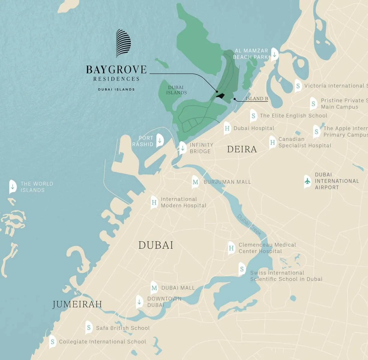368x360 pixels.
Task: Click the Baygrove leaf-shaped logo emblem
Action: click(123, 43)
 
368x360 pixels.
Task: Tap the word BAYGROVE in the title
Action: click(116, 70)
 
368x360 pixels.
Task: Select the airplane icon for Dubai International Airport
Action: click(307, 181)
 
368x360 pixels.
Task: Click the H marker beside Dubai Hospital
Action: click(227, 128)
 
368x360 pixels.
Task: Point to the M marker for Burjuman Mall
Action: click(195, 182)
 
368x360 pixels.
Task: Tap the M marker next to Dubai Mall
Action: click(154, 288)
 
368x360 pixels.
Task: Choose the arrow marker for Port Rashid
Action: click(160, 140)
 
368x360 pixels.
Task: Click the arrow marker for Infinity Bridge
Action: click(183, 148)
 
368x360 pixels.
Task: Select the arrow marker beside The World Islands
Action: click(13, 187)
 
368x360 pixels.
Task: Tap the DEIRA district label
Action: click(242, 149)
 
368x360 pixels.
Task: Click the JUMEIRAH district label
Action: click(77, 304)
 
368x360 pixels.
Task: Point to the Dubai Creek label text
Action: click(249, 225)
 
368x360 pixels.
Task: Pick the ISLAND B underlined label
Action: click(257, 99)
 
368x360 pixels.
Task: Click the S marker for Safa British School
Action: click(89, 328)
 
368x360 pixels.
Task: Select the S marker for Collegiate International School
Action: click(52, 342)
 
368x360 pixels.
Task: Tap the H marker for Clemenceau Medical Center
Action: click(231, 248)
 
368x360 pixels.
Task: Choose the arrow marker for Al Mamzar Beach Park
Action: click(274, 54)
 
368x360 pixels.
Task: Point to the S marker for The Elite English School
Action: click(254, 116)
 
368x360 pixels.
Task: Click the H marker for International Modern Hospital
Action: click(154, 202)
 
